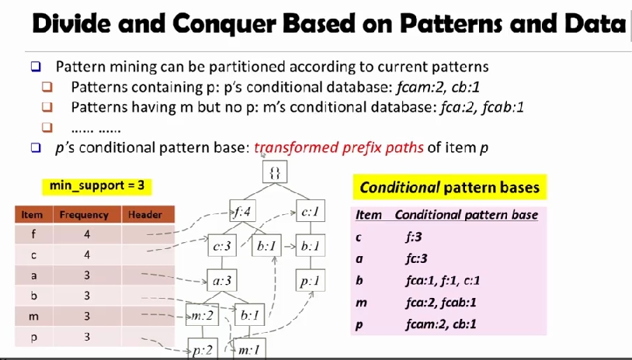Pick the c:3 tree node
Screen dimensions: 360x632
tap(220, 247)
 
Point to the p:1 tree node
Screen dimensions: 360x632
tap(311, 282)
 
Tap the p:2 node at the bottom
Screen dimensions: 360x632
tap(203, 351)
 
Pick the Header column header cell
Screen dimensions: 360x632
tap(145, 215)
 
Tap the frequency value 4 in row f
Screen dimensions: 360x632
tap(88, 234)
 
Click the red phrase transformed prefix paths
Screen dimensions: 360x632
tap(339, 147)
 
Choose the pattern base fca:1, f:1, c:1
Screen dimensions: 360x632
tap(440, 282)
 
